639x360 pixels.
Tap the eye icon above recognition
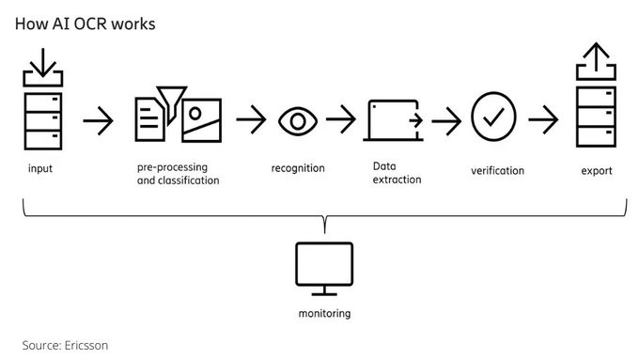[298, 121]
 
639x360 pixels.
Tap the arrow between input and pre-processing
[98, 120]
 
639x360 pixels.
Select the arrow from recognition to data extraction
[341, 119]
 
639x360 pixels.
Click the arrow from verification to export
[543, 119]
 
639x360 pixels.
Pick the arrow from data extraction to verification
[446, 121]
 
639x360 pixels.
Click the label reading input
[40, 168]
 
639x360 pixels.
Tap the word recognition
[298, 168]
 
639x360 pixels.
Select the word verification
[498, 170]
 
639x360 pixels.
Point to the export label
[597, 171]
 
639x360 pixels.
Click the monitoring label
[324, 313]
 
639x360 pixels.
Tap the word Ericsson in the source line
[86, 345]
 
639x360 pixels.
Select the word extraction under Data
[397, 180]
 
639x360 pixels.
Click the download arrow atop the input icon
[43, 62]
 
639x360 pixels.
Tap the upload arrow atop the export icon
[596, 56]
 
